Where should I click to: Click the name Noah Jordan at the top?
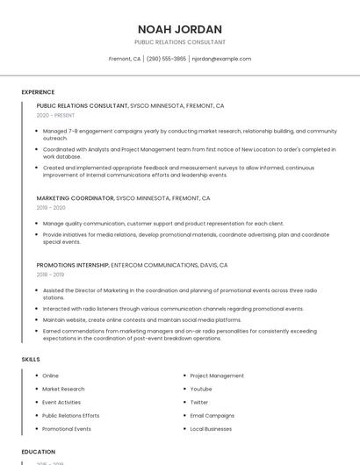[x=180, y=29]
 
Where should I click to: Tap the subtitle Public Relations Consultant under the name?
[x=180, y=42]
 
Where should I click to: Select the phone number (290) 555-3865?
[x=166, y=59]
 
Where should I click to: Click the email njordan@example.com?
[x=221, y=59]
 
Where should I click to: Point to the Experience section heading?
[x=38, y=91]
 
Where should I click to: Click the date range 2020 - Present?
[x=55, y=115]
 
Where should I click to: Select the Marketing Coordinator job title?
[x=75, y=198]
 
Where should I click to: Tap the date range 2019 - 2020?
[x=51, y=208]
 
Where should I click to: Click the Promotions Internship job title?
[x=73, y=265]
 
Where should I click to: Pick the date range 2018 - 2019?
[x=50, y=275]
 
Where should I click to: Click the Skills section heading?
[x=31, y=359]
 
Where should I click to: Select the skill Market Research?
[x=63, y=389]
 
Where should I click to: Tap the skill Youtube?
[x=201, y=389]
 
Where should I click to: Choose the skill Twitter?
[x=199, y=402]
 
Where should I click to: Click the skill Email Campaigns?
[x=212, y=415]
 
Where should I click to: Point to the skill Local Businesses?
[x=211, y=429]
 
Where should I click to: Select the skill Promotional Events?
[x=67, y=429]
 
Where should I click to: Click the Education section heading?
[x=38, y=453]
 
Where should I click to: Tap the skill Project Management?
[x=217, y=376]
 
